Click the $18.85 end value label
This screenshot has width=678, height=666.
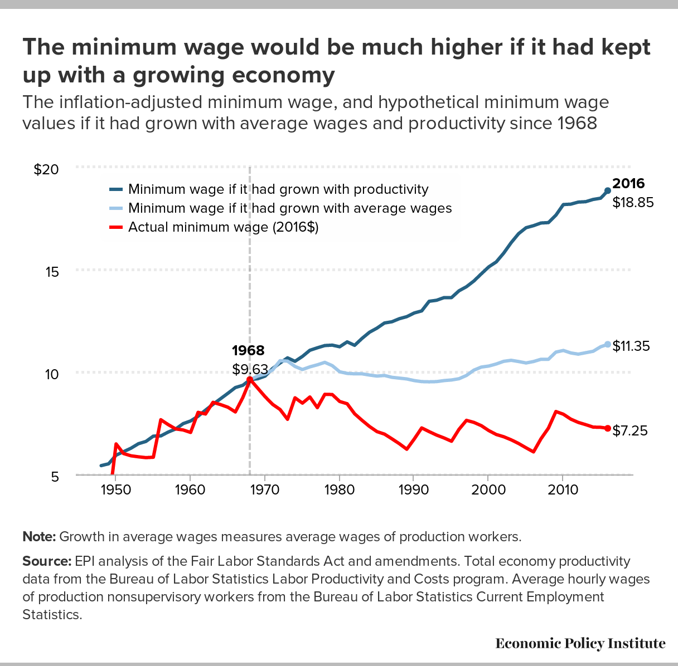click(633, 203)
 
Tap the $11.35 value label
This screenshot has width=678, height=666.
click(631, 346)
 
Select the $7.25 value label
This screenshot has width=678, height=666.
click(630, 430)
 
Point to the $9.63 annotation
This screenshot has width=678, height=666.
click(250, 369)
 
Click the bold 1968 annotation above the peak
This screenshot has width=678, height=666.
click(248, 350)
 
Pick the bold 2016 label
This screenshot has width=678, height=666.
click(628, 184)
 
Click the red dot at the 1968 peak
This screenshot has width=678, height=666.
click(249, 379)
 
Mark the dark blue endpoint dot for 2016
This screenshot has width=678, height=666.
click(608, 190)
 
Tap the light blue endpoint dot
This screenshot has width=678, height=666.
click(608, 344)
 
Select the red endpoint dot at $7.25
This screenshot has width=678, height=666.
click(608, 428)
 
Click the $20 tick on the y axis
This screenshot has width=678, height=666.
click(46, 169)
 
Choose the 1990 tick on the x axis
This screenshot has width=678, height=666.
click(413, 490)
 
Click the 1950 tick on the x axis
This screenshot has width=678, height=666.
click(115, 490)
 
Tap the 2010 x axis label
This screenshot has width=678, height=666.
click(563, 490)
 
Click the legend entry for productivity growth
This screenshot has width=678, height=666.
click(278, 189)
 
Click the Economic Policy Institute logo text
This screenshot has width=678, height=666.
click(580, 644)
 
